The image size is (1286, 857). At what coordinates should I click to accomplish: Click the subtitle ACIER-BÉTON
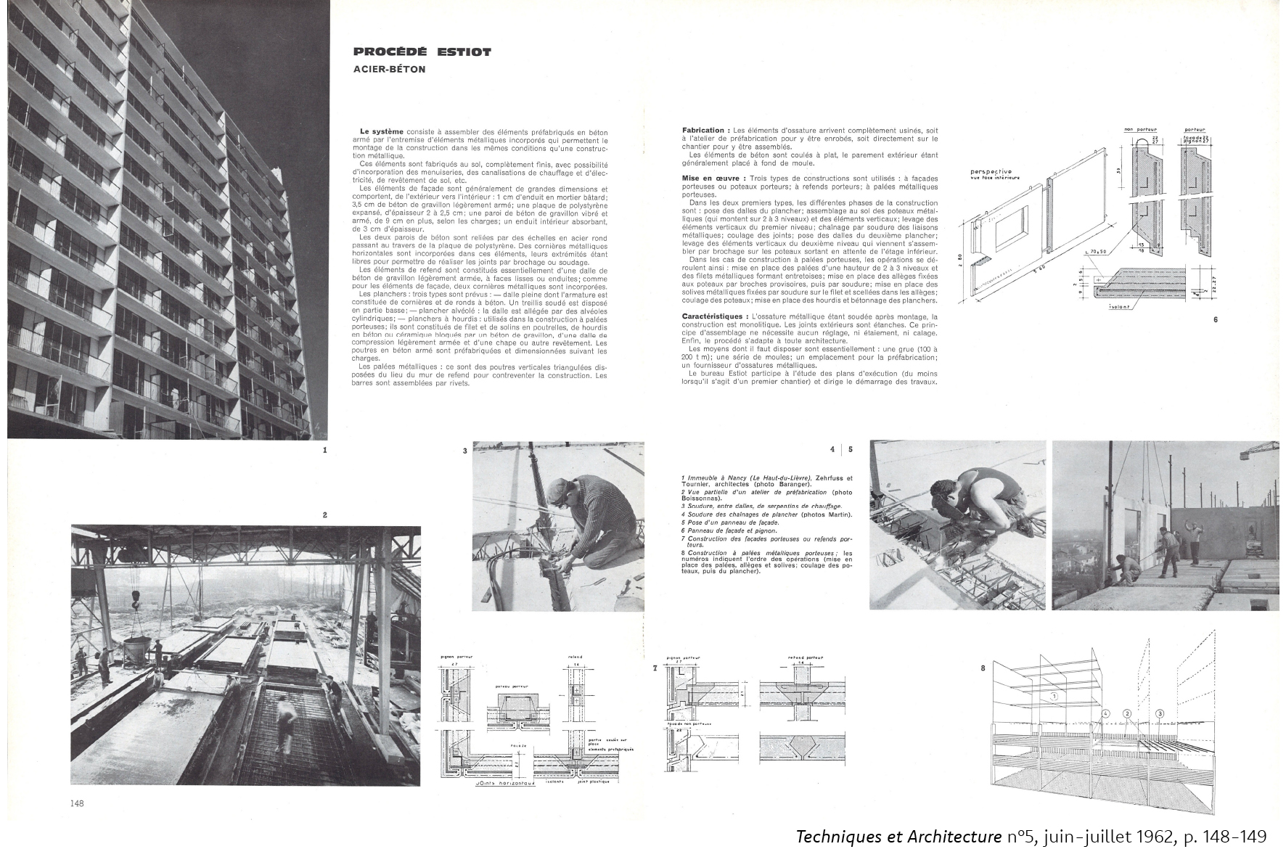click(x=389, y=70)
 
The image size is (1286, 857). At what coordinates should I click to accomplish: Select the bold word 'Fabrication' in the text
click(x=702, y=130)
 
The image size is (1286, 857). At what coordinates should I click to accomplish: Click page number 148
click(x=78, y=803)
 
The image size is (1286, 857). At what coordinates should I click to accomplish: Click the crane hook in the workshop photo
click(x=135, y=598)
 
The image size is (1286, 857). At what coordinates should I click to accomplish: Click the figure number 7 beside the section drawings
click(x=655, y=667)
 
